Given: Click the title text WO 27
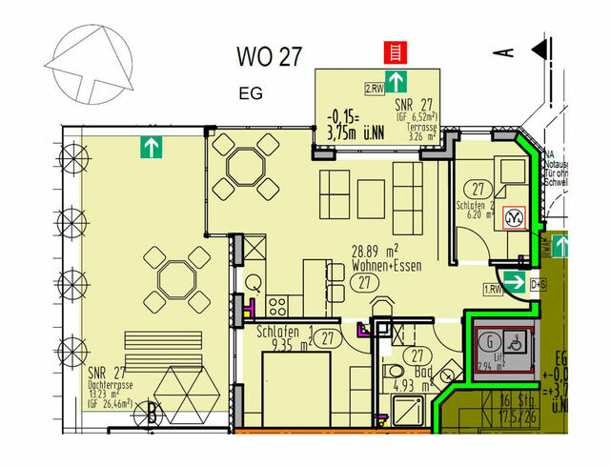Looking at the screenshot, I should point(270,55).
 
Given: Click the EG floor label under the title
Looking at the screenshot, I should point(250,93).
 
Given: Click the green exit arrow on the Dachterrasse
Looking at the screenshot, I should point(149,147).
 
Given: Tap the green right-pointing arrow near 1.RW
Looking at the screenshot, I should point(515,283).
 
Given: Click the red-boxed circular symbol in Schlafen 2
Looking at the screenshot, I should point(512,218).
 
